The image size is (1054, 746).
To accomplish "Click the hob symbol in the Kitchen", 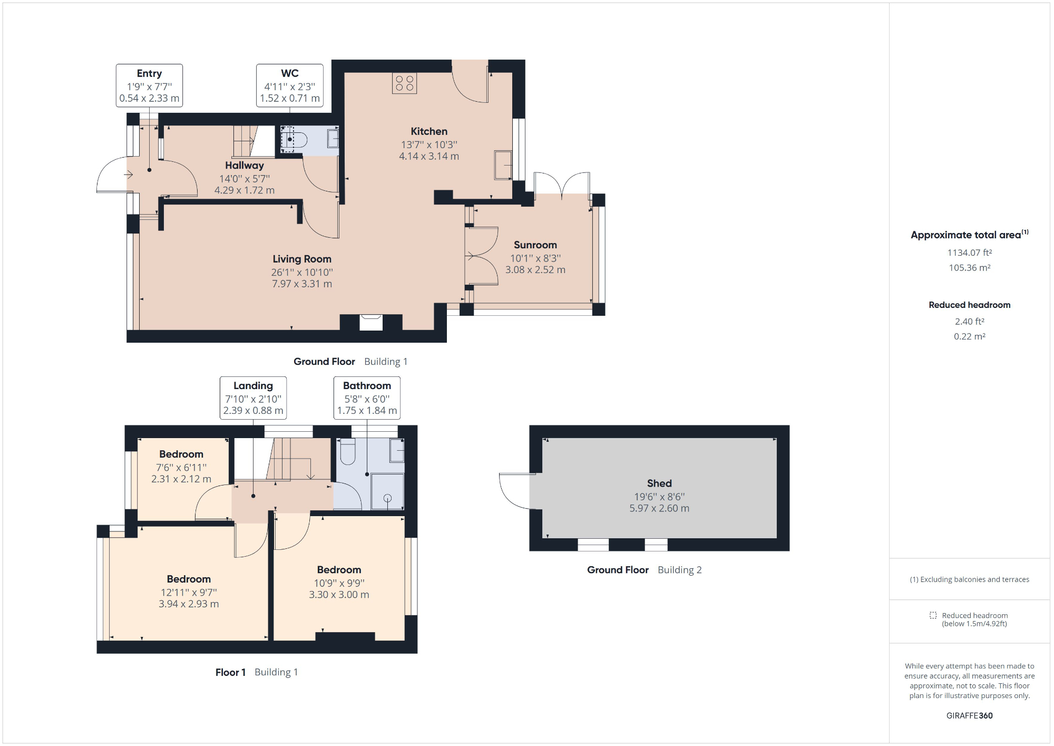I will [x=404, y=83].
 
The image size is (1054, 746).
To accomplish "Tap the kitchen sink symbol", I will [x=503, y=164].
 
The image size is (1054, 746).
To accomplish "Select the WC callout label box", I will [x=289, y=85].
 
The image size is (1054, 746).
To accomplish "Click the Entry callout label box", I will [x=149, y=85].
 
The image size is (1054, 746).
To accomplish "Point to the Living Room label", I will [x=302, y=259].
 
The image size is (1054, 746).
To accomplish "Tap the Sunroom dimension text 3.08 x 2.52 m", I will [x=535, y=270].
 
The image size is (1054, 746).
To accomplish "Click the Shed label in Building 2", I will [x=659, y=483].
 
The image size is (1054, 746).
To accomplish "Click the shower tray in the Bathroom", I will [x=387, y=491].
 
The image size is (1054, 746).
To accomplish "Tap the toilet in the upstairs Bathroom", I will [x=348, y=452].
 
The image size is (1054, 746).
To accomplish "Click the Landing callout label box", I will [x=253, y=398].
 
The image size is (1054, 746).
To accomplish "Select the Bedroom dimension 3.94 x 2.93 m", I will [x=189, y=604].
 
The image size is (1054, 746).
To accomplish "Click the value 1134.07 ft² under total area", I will [x=969, y=253].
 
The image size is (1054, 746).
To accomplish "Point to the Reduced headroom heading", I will [x=969, y=305].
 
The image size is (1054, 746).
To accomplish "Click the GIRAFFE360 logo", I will [x=969, y=715].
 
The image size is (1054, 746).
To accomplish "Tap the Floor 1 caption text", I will [x=230, y=672].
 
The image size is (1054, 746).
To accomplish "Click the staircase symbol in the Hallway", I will [x=248, y=141].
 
